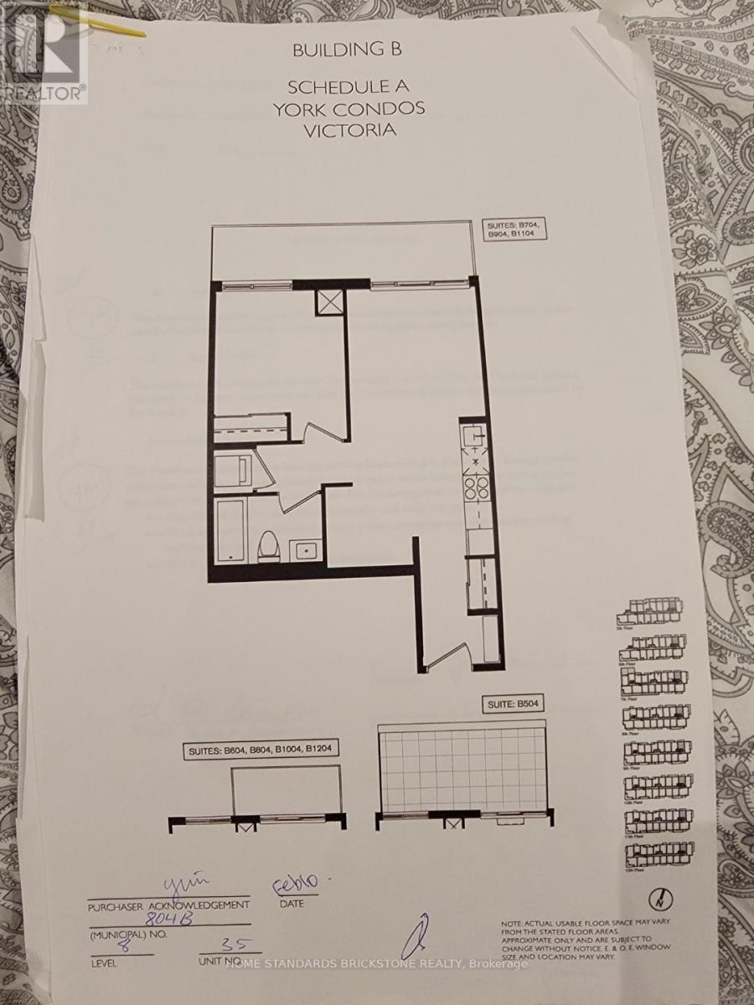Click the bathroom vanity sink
305,551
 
